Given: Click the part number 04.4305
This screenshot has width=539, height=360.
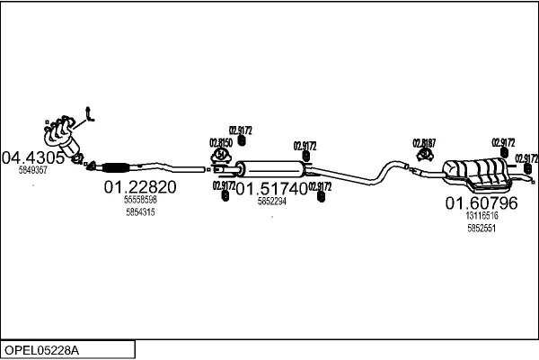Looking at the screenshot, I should (x=33, y=157).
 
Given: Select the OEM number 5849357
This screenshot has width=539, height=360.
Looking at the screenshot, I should (x=33, y=169).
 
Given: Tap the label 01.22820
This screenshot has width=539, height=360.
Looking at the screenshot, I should (x=140, y=187).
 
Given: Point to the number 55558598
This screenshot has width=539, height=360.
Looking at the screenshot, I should (x=140, y=200).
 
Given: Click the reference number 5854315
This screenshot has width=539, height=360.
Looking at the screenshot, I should (x=140, y=212).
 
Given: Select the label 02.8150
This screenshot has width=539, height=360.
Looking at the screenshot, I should (x=221, y=142).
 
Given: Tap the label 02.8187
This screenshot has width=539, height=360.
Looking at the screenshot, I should (x=424, y=142).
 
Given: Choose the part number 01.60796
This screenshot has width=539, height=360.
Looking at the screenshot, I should (x=482, y=203).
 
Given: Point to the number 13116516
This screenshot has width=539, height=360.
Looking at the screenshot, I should (x=482, y=216).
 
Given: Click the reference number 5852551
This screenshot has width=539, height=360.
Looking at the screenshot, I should (x=482, y=229).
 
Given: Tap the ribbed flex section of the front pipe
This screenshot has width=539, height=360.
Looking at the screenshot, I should (x=116, y=166).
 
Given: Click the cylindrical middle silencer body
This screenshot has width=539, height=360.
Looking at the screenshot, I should (x=270, y=167).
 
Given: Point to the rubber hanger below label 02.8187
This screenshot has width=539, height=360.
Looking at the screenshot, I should (x=424, y=157).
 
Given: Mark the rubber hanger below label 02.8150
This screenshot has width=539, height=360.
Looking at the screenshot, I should (x=222, y=157).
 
